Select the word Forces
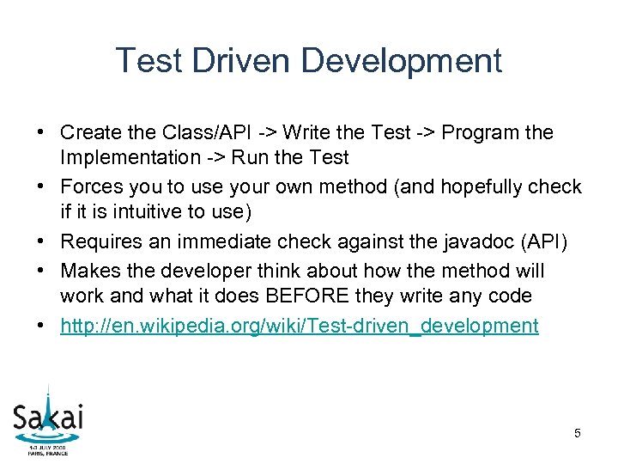point(89,186)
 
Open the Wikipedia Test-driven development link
point(300,326)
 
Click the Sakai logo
point(48,418)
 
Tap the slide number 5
point(578,433)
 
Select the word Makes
point(88,271)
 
